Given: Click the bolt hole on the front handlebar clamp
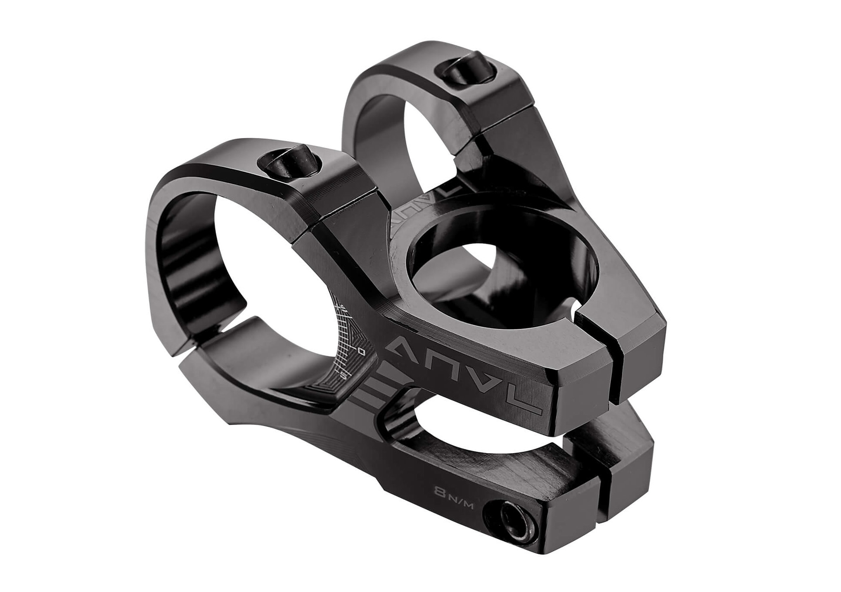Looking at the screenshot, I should coord(289,165).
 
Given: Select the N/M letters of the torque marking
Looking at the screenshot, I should coord(460,498).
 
